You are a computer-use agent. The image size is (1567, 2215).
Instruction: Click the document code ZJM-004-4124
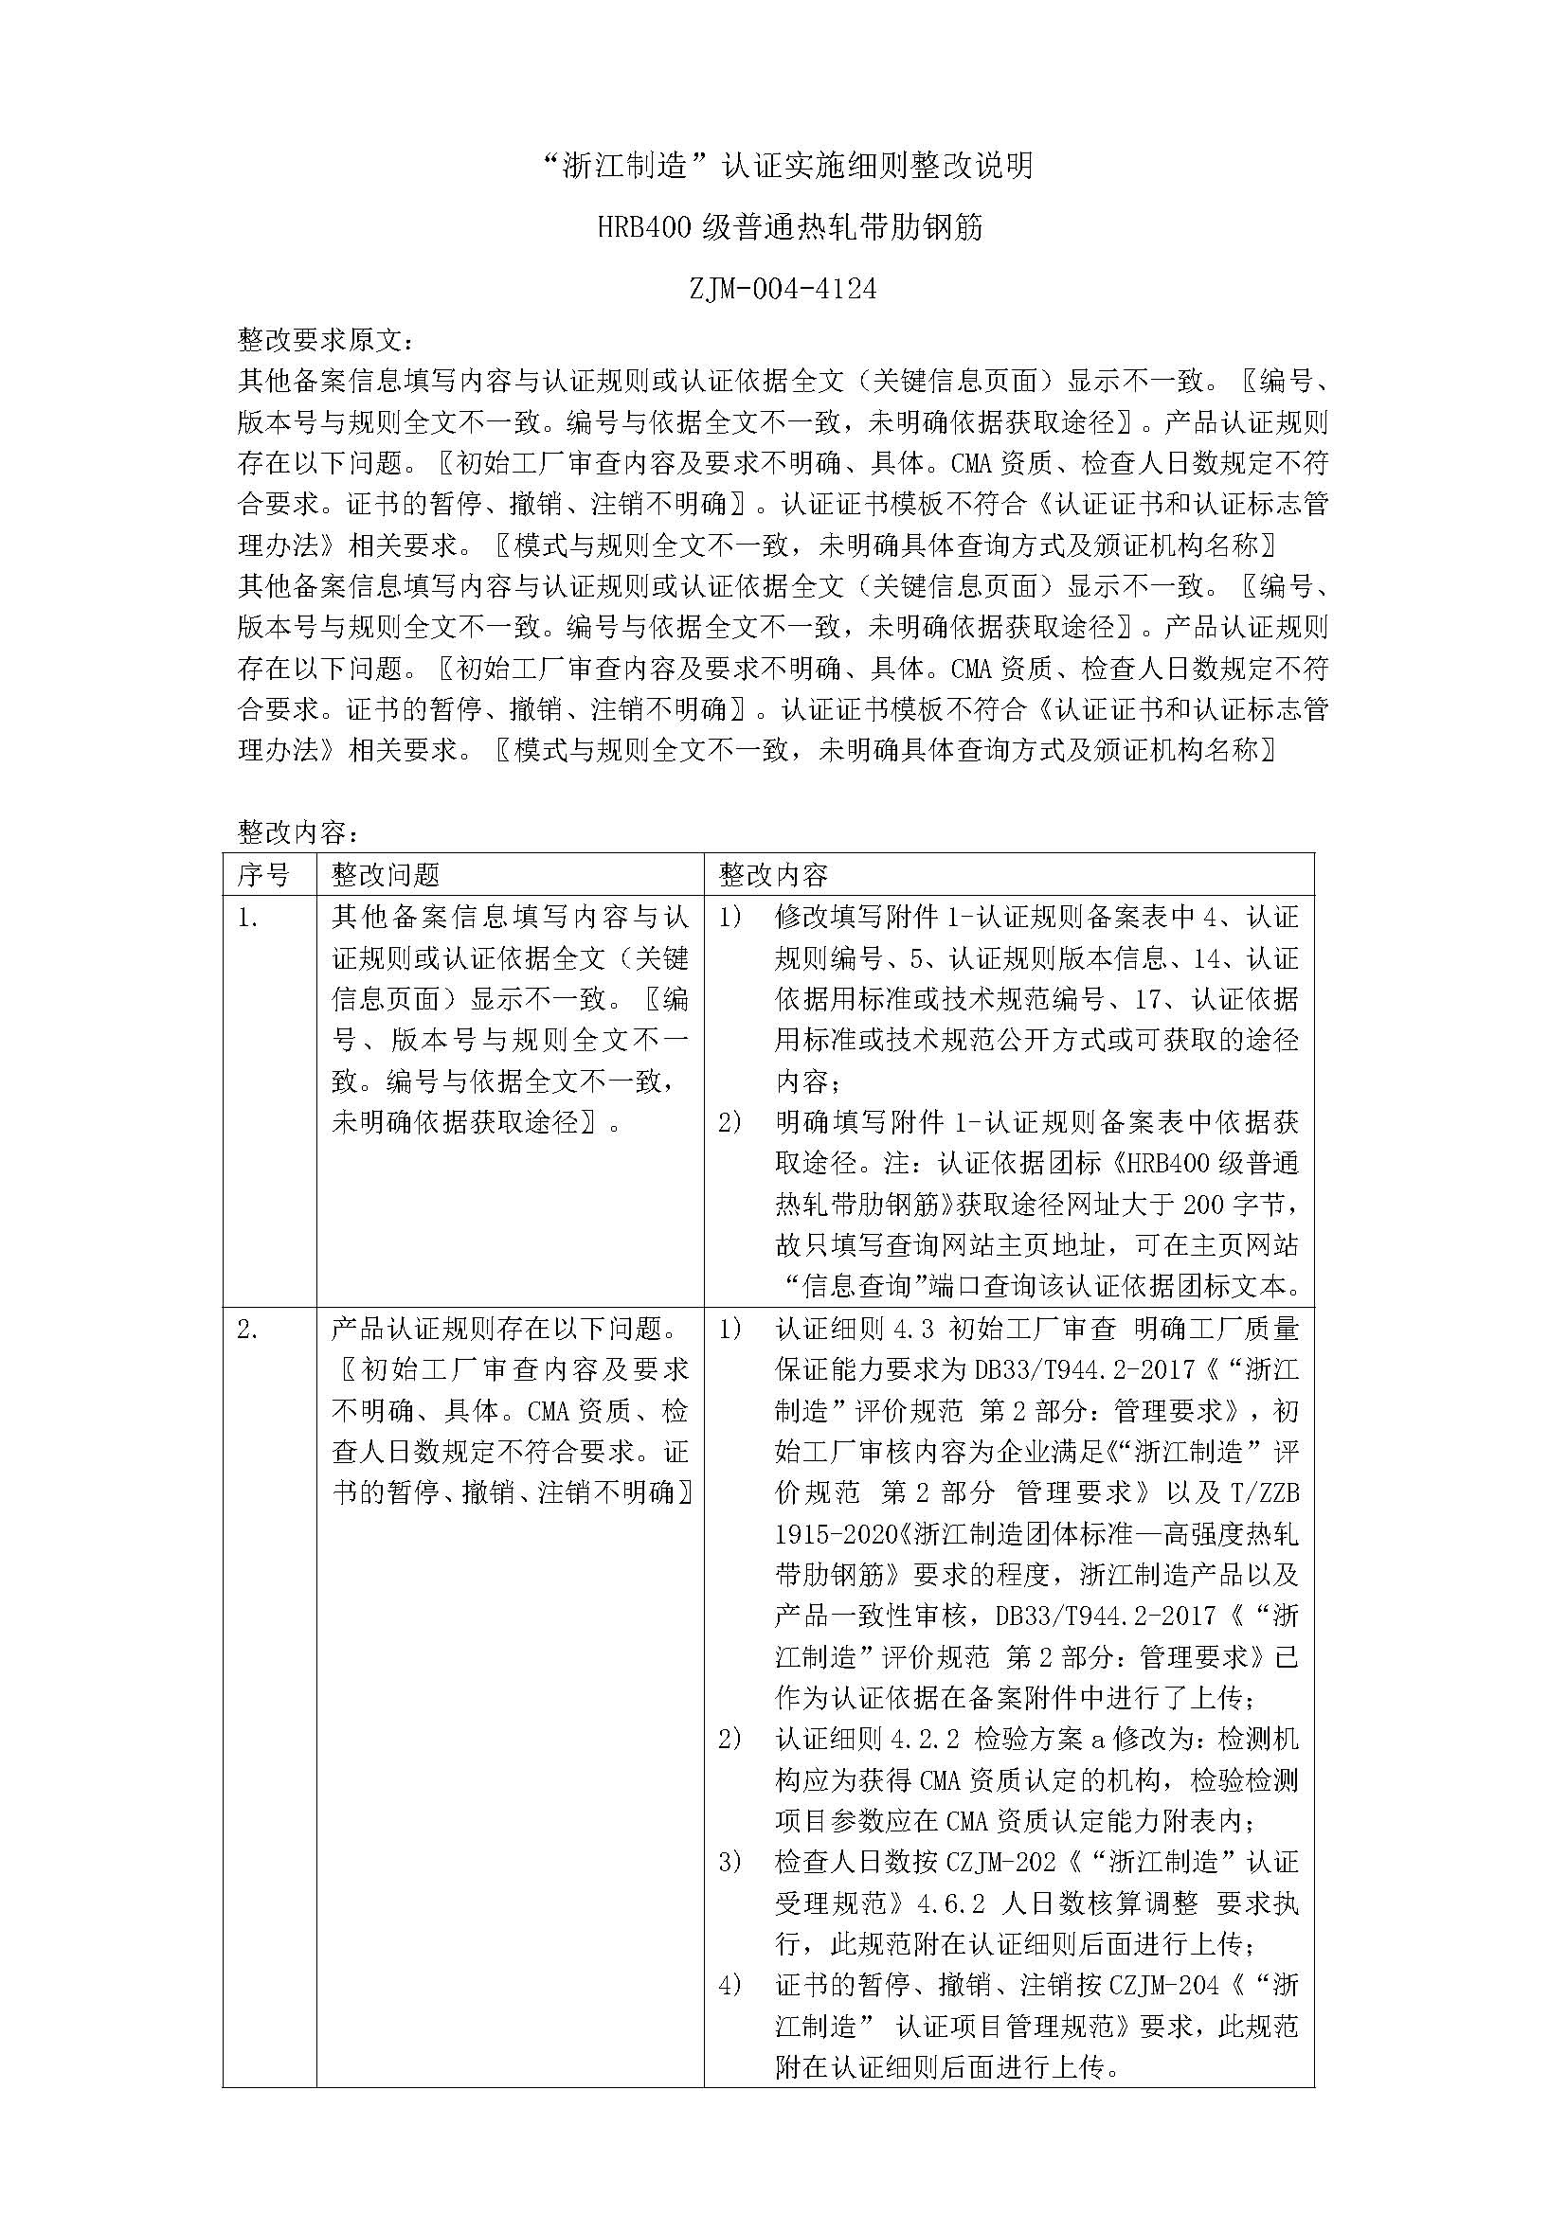coord(783,289)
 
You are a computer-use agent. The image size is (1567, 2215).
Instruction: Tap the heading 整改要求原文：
coord(328,340)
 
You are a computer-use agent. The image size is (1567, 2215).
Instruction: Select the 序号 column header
coord(263,874)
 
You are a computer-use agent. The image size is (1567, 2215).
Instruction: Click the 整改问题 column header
coord(386,874)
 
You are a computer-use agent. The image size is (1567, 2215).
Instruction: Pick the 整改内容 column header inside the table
coord(774,874)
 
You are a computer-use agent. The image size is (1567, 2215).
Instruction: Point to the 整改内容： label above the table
coord(299,832)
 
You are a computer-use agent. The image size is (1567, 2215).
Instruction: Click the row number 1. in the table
coord(248,918)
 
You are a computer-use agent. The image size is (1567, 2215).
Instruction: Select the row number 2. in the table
coord(248,1329)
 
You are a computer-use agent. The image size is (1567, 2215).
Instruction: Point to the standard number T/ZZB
coord(1264,1492)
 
